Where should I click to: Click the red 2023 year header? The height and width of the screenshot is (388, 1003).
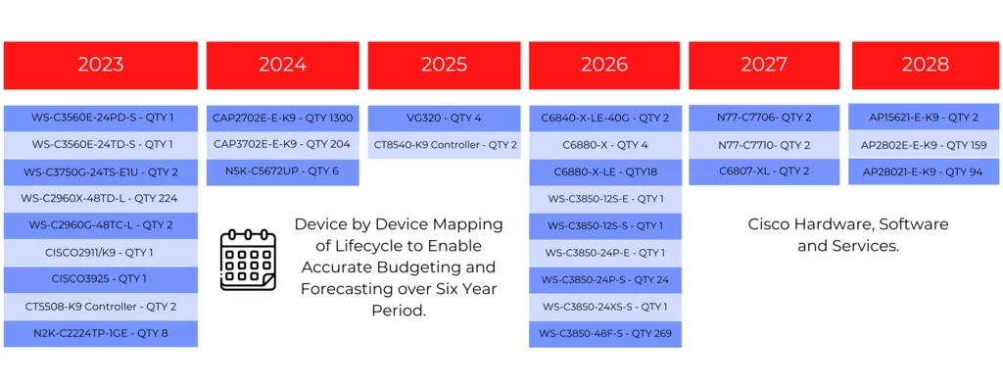101,66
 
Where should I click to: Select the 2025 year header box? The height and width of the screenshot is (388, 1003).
444,66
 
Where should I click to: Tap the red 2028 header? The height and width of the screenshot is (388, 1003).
925,66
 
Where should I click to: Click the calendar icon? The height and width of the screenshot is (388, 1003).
248,261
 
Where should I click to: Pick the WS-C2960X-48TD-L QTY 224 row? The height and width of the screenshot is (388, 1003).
101,199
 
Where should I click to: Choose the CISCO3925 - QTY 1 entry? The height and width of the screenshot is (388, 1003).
101,279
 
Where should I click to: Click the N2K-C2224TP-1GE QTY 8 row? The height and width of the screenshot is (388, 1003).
101,333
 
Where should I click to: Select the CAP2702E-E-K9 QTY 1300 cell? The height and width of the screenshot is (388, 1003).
282,118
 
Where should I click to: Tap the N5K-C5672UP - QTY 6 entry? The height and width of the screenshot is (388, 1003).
282,171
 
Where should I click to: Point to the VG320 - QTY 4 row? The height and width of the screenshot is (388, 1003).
444,118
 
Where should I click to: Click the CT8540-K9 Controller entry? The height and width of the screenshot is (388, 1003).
444,145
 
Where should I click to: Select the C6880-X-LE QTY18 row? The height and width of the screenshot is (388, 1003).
605,172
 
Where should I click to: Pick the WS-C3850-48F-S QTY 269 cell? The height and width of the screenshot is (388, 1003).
605,333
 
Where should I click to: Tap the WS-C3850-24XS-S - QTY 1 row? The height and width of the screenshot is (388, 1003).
605,307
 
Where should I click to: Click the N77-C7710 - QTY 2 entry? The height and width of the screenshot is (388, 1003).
764,145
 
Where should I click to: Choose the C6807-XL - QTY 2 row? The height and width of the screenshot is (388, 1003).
764,171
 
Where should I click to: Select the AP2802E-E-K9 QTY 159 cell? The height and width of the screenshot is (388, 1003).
925,145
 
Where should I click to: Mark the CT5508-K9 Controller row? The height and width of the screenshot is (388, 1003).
101,306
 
